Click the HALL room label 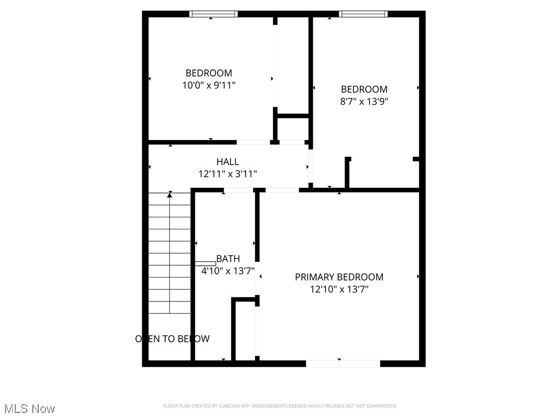227,162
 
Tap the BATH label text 227,259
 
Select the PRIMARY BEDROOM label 339,277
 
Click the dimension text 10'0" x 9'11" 208,85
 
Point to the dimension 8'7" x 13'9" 364,101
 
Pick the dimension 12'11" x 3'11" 227,174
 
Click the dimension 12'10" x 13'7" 339,289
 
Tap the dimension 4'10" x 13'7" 227,270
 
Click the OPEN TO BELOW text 172,339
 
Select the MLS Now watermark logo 30,409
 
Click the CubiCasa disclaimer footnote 280,406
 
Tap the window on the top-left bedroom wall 213,14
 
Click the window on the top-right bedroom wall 363,14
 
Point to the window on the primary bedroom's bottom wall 343,363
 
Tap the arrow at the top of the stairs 170,195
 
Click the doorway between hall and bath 239,190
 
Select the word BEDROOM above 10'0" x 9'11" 208,73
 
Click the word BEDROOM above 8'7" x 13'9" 364,89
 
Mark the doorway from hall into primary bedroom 282,190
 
